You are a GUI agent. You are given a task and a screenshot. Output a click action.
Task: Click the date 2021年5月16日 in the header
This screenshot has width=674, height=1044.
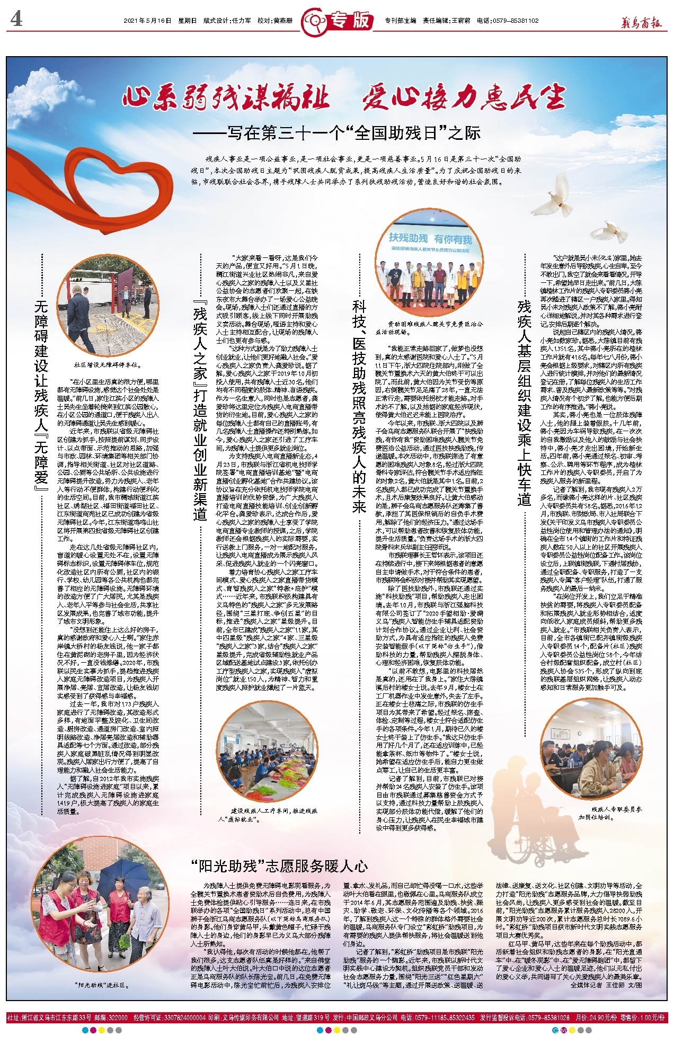pos(147,21)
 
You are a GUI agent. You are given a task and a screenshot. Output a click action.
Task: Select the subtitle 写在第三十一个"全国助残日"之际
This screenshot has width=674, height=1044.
pos(336,132)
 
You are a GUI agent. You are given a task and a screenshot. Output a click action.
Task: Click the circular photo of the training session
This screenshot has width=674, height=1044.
pos(591,748)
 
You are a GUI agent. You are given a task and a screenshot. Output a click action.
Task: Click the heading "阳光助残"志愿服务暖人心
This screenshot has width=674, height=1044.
pos(279,866)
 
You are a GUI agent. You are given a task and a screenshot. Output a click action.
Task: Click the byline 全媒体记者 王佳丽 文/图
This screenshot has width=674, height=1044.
pos(606,985)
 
